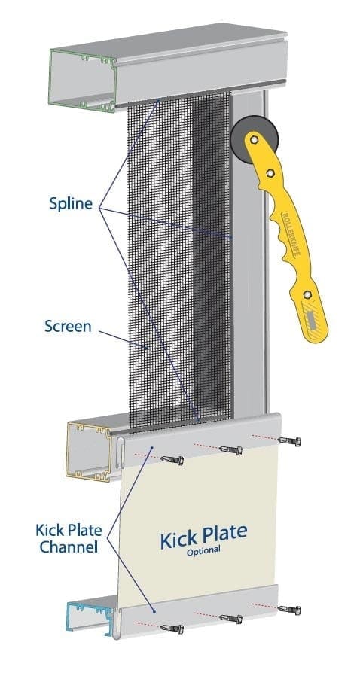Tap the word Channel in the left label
pos(70,547)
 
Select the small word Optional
pos(204,550)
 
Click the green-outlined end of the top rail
pos(81,80)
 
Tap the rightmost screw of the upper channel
pos(288,440)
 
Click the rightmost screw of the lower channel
pos(288,609)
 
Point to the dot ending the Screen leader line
pos(148,348)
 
